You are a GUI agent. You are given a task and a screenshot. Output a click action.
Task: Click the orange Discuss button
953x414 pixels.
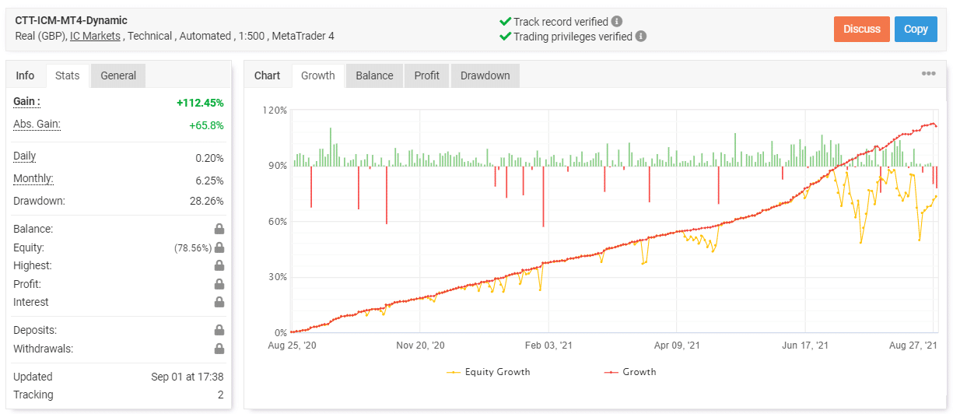pyautogui.click(x=861, y=29)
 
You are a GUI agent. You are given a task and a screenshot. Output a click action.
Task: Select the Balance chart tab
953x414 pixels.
pyautogui.click(x=374, y=75)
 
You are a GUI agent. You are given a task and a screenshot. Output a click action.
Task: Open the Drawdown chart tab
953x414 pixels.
pyautogui.click(x=485, y=75)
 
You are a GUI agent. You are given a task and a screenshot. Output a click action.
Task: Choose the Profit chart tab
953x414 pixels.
pyautogui.click(x=426, y=75)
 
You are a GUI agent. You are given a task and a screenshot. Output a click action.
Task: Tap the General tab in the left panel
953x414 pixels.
pyautogui.click(x=118, y=75)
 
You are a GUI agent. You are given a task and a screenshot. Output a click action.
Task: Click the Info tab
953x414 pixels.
pyautogui.click(x=25, y=75)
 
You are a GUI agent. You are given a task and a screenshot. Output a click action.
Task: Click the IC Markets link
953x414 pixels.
pyautogui.click(x=95, y=36)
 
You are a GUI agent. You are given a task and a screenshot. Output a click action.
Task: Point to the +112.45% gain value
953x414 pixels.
pyautogui.click(x=200, y=103)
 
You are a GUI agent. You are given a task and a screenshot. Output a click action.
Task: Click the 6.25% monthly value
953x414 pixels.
pyautogui.click(x=209, y=181)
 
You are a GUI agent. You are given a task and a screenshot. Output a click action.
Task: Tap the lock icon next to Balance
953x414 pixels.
pyautogui.click(x=219, y=230)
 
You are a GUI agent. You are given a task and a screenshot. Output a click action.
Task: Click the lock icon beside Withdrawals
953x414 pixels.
pyautogui.click(x=219, y=349)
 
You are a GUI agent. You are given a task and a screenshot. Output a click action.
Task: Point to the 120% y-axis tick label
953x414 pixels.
pyautogui.click(x=275, y=111)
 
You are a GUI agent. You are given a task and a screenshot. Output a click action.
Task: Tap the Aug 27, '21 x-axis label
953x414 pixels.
pyautogui.click(x=912, y=345)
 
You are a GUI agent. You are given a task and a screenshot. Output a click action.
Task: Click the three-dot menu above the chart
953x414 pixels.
pyautogui.click(x=929, y=74)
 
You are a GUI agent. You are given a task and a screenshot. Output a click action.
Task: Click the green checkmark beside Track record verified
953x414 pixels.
pyautogui.click(x=505, y=22)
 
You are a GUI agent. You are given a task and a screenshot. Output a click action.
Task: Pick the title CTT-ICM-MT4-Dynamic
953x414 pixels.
pyautogui.click(x=72, y=20)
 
